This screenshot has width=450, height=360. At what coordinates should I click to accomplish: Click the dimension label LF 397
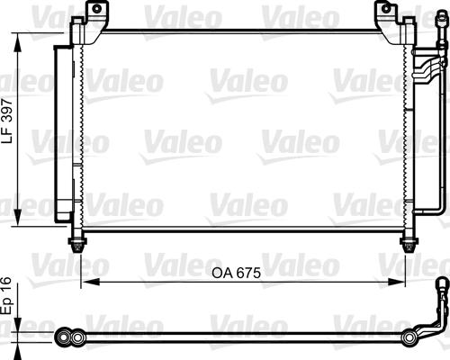7,121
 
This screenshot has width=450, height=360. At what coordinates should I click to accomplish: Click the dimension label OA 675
237,273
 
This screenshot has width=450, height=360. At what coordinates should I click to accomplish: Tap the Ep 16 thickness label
6,296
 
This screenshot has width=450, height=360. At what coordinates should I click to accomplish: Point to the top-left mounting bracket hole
96,8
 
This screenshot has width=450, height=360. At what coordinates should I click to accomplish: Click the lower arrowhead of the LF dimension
18,215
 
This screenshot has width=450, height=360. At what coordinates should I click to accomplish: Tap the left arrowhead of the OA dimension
91,282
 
